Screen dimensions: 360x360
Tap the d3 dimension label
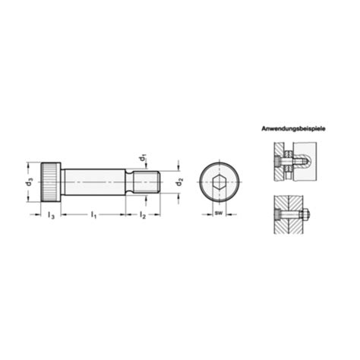point(29,182)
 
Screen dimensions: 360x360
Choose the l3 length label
point(50,216)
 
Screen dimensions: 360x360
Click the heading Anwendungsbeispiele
point(293,130)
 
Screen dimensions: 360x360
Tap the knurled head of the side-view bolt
point(50,182)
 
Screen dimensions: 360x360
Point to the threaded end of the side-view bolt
point(147,182)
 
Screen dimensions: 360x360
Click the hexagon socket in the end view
point(218,182)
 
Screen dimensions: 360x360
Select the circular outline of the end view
point(218,166)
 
